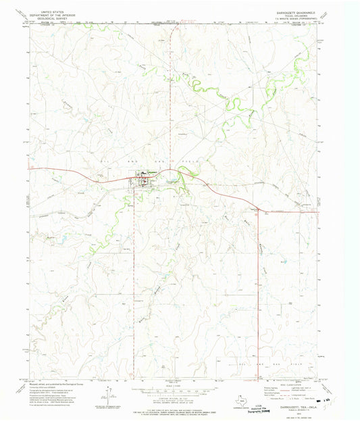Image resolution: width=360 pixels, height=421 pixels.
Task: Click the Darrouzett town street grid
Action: pos(144,179)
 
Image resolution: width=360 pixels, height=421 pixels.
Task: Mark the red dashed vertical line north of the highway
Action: pos(170,101)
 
